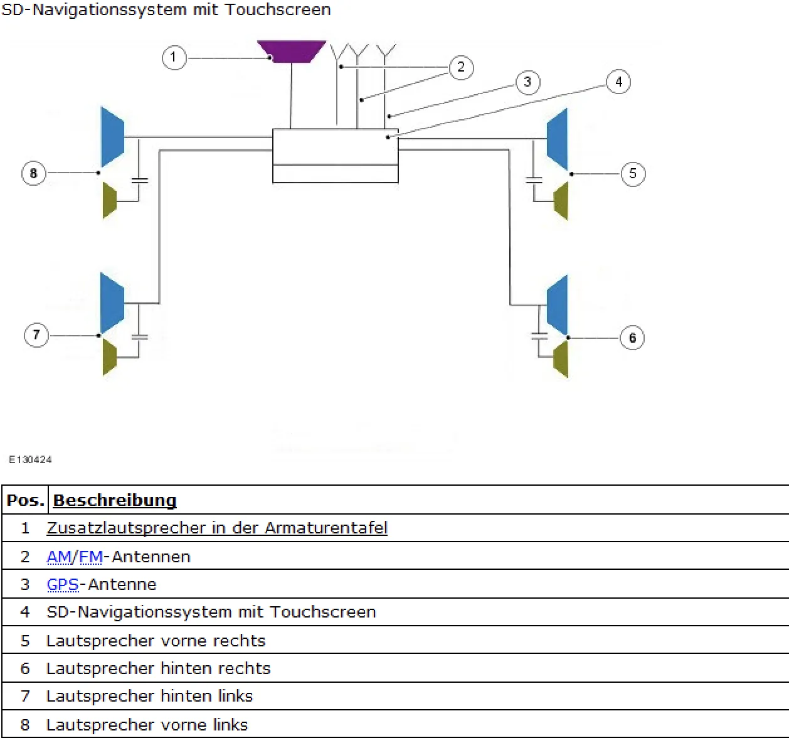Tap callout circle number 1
point(174,58)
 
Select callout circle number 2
point(461,67)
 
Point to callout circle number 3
point(527,82)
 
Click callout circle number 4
point(618,82)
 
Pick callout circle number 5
point(633,173)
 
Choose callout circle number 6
point(632,338)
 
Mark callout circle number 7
point(36,335)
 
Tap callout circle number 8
point(34,173)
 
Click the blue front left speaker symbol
point(112,137)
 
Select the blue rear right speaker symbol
point(558,304)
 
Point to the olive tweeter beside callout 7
point(110,357)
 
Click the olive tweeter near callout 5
point(561,201)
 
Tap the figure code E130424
point(30,459)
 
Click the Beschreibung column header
point(115,500)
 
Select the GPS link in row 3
point(63,584)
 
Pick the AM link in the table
point(59,557)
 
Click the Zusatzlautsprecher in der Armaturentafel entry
point(217,528)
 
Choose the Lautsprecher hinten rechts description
point(158,668)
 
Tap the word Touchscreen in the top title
point(278,10)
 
